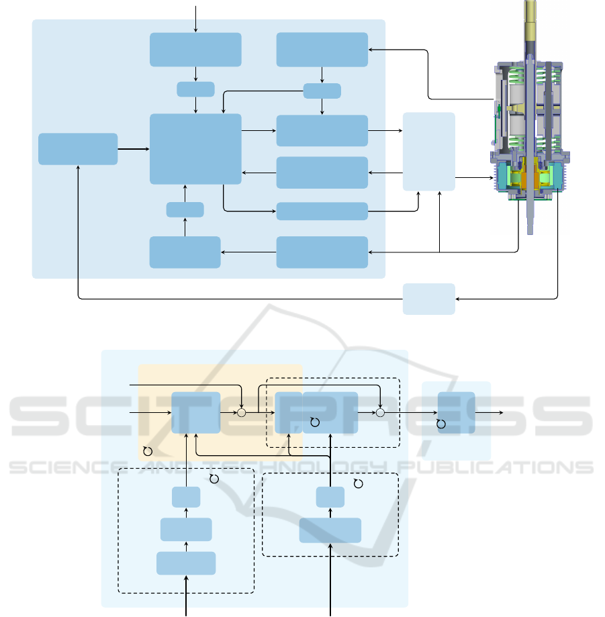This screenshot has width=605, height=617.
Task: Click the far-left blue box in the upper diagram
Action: point(78,148)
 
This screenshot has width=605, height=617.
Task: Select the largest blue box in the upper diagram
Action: point(195,148)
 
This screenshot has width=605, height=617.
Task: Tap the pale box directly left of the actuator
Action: point(428,152)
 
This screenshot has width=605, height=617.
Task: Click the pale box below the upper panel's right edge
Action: point(428,298)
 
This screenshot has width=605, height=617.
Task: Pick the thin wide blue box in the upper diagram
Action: point(322,211)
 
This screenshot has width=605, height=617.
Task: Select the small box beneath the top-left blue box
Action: point(195,89)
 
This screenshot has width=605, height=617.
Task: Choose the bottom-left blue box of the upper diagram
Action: point(185,252)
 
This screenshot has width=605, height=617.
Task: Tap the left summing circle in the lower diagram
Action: point(241,412)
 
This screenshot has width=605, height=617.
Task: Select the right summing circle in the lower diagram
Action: point(379,412)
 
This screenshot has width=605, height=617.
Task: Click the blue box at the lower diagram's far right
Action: point(456,412)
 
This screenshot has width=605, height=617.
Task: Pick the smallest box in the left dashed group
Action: point(186,497)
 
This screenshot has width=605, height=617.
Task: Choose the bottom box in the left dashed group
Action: point(186,563)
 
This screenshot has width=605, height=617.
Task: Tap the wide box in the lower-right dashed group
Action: point(330,530)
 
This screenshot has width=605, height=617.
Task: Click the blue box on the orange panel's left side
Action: point(195,412)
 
